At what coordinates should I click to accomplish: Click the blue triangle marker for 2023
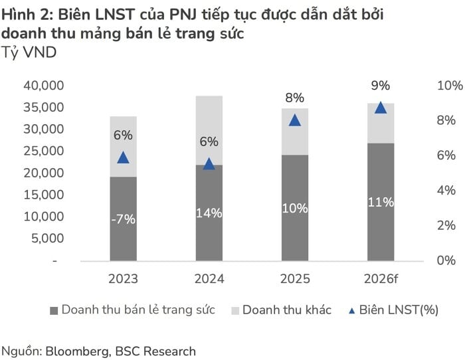(123, 157)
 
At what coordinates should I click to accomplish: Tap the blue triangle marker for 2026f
(381, 108)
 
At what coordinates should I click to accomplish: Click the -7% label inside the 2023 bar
(123, 219)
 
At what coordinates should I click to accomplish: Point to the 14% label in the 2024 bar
(209, 213)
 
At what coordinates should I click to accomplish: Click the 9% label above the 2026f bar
(381, 85)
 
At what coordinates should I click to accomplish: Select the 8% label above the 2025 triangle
(295, 98)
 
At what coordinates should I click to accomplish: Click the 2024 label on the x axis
(209, 278)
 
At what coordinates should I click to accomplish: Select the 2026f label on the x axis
(381, 278)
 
